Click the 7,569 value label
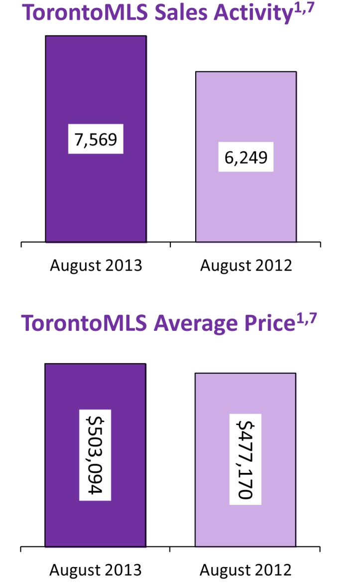[x=96, y=140]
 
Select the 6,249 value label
[x=246, y=158]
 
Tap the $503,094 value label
[x=95, y=454]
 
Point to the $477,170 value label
[x=245, y=459]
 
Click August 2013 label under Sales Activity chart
[x=96, y=265]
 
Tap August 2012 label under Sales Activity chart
[x=246, y=265]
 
